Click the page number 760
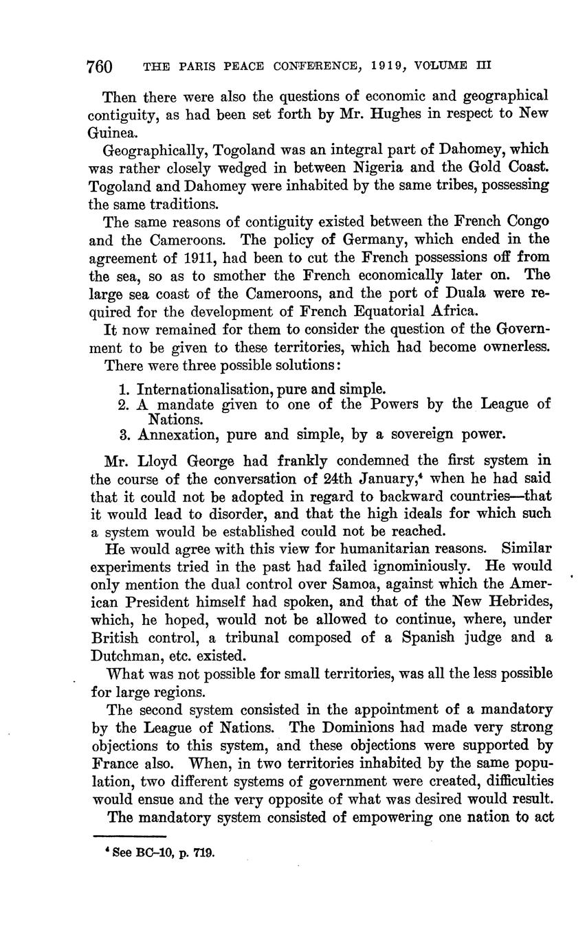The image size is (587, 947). coord(100,67)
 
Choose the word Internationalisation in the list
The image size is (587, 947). coord(206,389)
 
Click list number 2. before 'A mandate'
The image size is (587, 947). coord(124,405)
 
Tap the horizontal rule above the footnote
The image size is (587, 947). coord(130,836)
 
